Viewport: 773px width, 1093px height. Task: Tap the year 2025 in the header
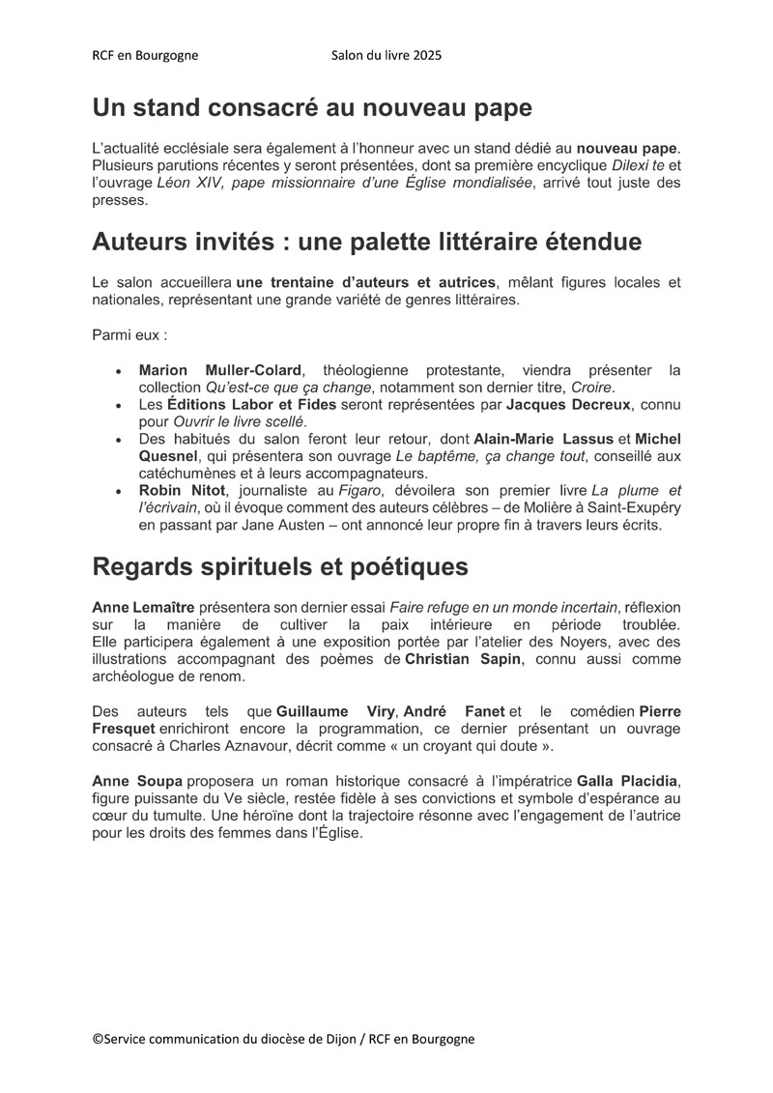click(426, 55)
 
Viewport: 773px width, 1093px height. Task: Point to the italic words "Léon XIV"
click(186, 184)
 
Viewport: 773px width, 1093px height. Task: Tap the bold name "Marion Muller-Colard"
click(220, 370)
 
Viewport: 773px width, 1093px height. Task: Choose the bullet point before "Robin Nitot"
click(118, 493)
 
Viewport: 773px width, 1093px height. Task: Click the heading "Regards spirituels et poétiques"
click(280, 567)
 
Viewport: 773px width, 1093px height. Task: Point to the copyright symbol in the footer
click(98, 1039)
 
